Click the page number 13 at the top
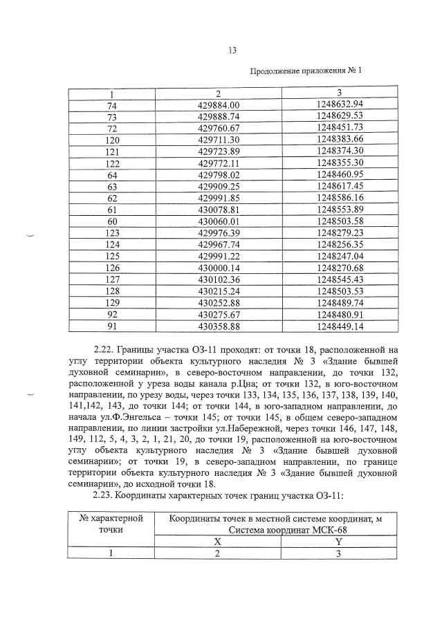(x=232, y=49)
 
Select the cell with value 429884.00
(x=218, y=104)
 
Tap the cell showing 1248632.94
(x=339, y=104)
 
